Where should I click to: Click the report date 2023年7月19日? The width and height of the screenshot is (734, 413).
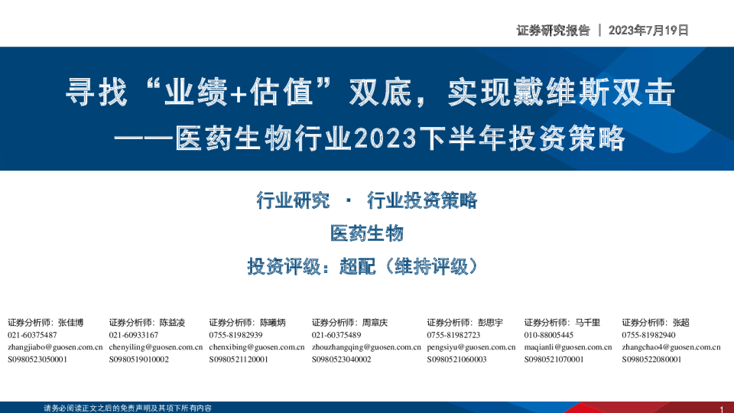[x=648, y=31]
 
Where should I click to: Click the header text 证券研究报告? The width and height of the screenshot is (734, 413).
[x=553, y=31]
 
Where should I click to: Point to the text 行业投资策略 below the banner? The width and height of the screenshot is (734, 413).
[x=422, y=200]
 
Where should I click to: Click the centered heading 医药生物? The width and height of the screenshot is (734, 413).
[x=366, y=233]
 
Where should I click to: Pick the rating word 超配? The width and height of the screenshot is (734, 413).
[x=357, y=266]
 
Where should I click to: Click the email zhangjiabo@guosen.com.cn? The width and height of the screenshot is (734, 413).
[x=55, y=347]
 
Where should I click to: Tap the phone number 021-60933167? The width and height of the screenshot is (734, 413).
[x=133, y=335]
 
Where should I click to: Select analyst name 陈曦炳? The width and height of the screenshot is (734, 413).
[x=272, y=323]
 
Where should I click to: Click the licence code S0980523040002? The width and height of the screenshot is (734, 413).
[x=341, y=359]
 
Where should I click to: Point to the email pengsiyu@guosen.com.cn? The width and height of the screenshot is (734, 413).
[x=471, y=347]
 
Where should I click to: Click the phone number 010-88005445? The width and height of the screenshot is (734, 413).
[x=549, y=335]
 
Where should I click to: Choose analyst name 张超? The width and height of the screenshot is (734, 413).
[x=680, y=323]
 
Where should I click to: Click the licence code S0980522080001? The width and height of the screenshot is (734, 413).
[x=651, y=359]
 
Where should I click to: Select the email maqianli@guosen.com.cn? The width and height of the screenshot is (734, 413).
[x=568, y=347]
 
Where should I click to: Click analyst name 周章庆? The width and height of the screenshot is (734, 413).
[x=375, y=323]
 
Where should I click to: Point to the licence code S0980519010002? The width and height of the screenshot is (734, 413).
[x=138, y=359]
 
